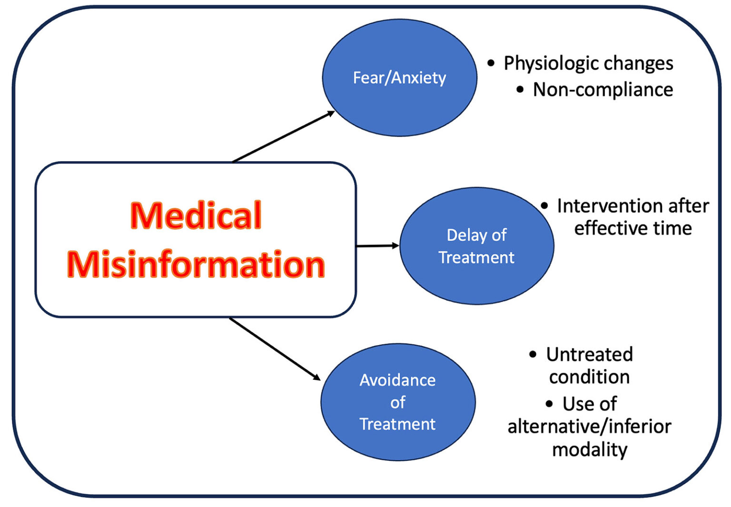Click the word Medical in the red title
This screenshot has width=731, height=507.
tap(196, 215)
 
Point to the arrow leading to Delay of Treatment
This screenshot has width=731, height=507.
tap(377, 246)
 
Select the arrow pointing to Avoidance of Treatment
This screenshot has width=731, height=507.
tap(275, 349)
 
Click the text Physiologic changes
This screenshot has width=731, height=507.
tap(588, 63)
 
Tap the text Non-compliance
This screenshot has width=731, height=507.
tap(603, 90)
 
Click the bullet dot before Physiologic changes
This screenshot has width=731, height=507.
tap(491, 63)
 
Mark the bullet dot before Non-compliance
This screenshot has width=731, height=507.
tap(520, 89)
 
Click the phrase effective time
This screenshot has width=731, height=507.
tap(632, 228)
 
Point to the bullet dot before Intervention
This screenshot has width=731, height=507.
tap(544, 206)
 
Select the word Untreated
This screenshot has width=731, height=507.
tap(589, 355)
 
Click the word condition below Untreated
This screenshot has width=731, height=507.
tap(589, 377)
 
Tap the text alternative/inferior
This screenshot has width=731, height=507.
tap(589, 426)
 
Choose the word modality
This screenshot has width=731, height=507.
tap(589, 449)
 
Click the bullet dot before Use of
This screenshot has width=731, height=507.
tap(549, 404)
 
